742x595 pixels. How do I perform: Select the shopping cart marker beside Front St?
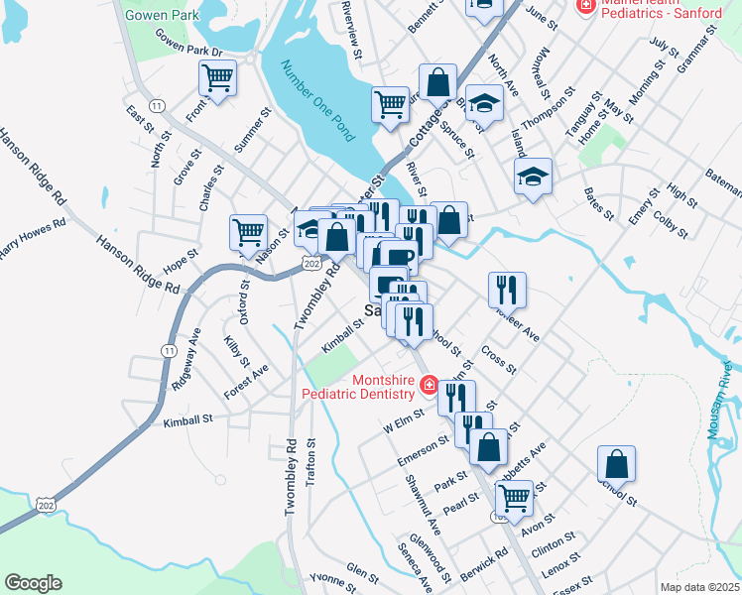click(217, 77)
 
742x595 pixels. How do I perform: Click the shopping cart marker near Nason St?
click(248, 232)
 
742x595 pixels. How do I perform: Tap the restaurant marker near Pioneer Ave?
click(507, 289)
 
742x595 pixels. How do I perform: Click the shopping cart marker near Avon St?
click(514, 497)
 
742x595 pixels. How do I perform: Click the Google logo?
click(33, 583)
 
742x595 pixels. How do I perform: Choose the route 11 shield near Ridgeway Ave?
click(167, 350)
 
